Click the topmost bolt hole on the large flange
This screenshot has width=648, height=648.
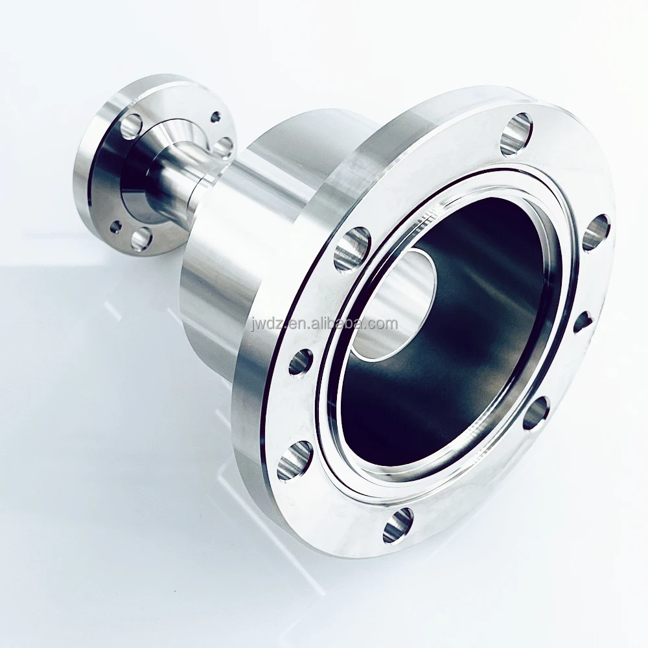[x=516, y=135]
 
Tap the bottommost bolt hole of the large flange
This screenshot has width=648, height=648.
[x=399, y=526]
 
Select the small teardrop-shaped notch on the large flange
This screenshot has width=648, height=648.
[x=583, y=321]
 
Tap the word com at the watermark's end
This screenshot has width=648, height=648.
[x=384, y=324]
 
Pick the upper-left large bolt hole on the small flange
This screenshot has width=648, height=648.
[x=132, y=126]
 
